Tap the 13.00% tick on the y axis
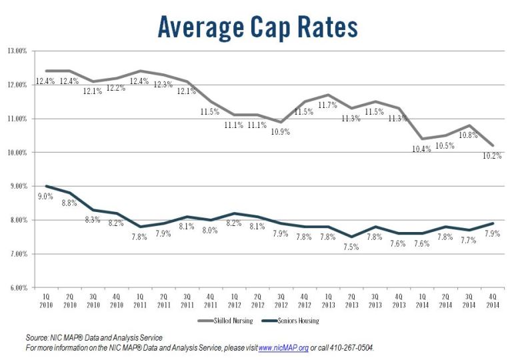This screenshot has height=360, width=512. [x=17, y=51]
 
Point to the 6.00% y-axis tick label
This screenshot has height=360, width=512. [x=17, y=287]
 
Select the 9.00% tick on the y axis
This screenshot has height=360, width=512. [x=17, y=186]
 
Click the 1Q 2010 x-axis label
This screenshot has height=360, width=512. [x=46, y=299]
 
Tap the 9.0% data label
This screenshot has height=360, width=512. [x=44, y=197]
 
